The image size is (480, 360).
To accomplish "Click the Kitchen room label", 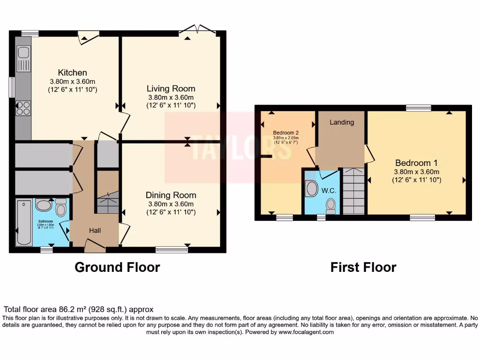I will [x=72, y=73].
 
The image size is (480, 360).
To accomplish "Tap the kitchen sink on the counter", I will [x=23, y=58].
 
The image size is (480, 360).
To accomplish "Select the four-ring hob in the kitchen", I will [x=23, y=108].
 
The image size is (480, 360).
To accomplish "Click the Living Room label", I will [x=171, y=89].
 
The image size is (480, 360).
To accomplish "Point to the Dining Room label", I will [x=171, y=195].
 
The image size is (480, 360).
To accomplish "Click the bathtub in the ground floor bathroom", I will [x=23, y=222].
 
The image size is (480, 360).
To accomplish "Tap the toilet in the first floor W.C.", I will [x=331, y=205].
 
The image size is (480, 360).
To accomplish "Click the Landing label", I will [x=342, y=122].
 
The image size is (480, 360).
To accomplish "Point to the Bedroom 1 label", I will [x=416, y=163].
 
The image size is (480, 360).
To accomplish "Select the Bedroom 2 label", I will [x=286, y=133].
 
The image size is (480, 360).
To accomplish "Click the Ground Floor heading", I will [x=117, y=267].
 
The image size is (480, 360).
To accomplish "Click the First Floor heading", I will [x=363, y=267].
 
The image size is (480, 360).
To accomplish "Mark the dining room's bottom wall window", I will [x=172, y=250].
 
